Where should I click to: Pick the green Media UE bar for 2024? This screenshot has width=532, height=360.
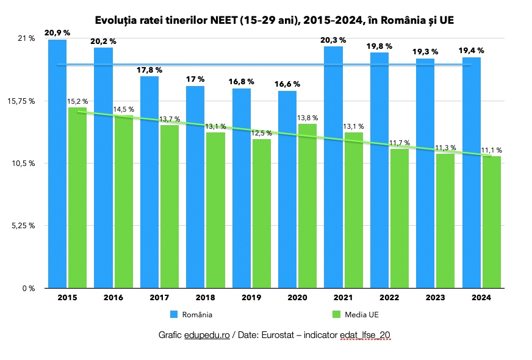click(492, 222)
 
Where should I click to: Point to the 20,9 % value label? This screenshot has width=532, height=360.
click(57, 32)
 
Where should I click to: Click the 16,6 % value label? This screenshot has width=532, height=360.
click(287, 84)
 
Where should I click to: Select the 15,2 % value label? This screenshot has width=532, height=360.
click(77, 101)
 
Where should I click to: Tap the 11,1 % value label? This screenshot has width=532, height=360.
click(491, 150)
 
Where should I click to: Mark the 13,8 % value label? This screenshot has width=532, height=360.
click(307, 117)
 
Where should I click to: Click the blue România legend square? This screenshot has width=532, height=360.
click(174, 314)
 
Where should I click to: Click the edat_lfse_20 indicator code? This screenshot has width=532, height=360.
click(364, 336)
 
